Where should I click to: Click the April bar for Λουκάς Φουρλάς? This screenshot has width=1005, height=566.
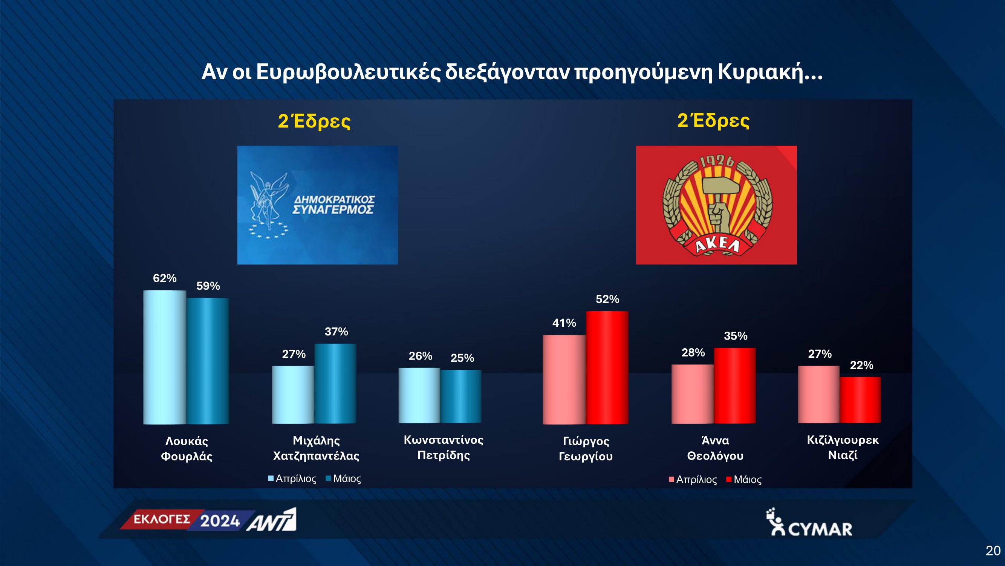coord(165,357)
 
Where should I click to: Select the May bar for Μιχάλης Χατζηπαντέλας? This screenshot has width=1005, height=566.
coord(335,384)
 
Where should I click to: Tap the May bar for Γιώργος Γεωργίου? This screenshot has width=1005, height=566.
coord(607,368)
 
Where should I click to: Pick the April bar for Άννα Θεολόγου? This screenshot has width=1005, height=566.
coord(693,394)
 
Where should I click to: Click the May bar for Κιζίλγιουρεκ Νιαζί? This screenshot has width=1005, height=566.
coord(860,400)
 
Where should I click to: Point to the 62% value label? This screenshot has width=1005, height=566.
coord(165,278)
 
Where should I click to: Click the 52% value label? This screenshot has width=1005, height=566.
coord(607,299)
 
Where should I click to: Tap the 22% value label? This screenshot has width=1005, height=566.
coord(861,365)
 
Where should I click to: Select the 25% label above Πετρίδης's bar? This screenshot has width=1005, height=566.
coord(462,358)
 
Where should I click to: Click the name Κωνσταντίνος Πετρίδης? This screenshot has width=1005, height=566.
coord(444,448)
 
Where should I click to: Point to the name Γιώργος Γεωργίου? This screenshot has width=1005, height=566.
coord(586,448)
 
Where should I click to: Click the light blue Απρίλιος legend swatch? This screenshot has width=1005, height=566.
coord(271,478)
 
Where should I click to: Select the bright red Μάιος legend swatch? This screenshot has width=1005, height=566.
coord(728,479)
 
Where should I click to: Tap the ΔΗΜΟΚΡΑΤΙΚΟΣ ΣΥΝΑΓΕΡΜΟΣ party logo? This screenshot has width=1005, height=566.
coord(318,205)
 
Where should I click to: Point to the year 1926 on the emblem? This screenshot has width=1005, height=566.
coord(717,162)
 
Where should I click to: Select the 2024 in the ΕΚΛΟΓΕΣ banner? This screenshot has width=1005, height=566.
coord(220,521)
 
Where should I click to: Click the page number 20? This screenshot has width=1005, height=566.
coord(993,551)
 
